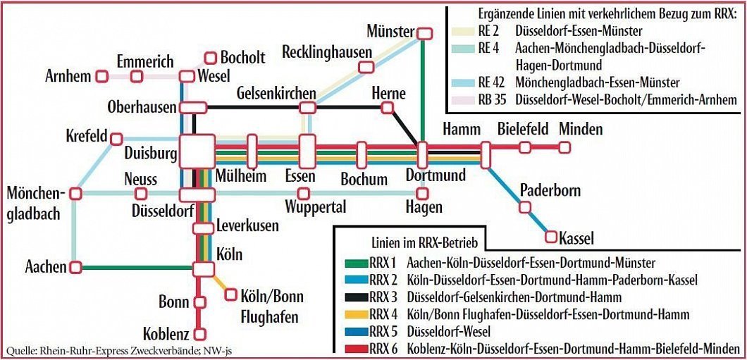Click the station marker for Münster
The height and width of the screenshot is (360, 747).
[x=424, y=33]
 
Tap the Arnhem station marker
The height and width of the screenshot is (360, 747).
[x=101, y=75]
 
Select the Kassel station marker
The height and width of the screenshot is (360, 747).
[x=551, y=237]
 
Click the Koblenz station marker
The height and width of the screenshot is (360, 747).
[x=201, y=334]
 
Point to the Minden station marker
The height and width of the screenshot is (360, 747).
[x=564, y=147]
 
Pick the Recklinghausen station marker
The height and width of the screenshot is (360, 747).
[x=365, y=67]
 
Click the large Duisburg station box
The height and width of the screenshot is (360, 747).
[x=197, y=150]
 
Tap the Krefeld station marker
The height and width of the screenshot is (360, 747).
[x=116, y=138]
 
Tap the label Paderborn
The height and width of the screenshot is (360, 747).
[x=550, y=190]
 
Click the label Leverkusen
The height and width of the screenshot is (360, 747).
[x=247, y=226]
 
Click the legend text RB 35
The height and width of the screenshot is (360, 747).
[x=491, y=100]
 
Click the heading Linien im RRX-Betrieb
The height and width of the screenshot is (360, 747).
[x=425, y=243]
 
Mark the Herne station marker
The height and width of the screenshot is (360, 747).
[x=387, y=108]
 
